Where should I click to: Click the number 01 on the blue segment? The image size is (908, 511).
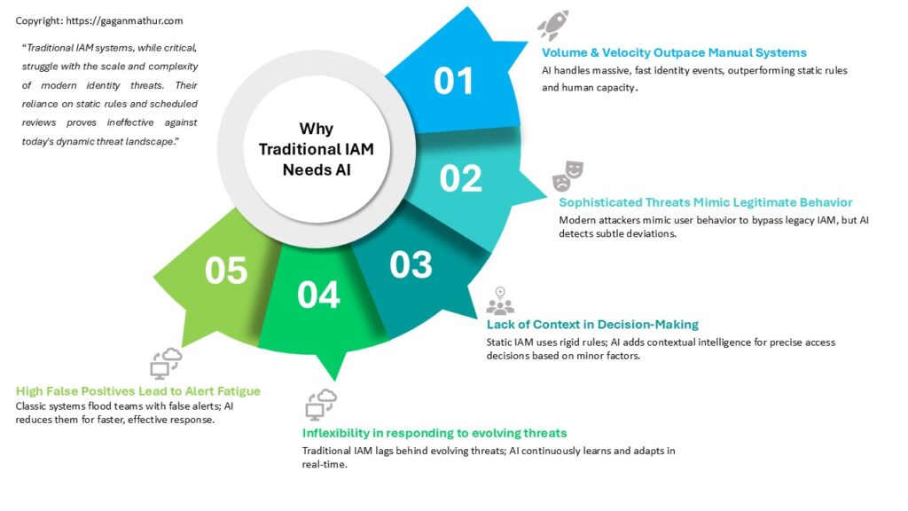[x=453, y=81]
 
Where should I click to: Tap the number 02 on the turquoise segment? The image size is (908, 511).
[x=460, y=178]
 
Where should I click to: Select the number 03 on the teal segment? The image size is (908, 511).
[x=411, y=264]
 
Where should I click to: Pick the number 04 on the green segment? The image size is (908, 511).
[x=318, y=295]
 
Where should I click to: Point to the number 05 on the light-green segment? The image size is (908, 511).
[x=226, y=271]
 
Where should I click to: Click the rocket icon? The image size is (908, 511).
[x=553, y=25]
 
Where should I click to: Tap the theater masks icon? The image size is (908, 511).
[x=567, y=177]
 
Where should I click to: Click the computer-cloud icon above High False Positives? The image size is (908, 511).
[x=166, y=364]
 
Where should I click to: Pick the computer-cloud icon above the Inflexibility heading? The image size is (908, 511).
[x=321, y=405]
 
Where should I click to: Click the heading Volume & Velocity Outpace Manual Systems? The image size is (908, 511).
[x=674, y=52]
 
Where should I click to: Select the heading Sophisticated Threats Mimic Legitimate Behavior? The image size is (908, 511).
[x=705, y=202]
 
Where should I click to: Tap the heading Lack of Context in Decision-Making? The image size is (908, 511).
[x=592, y=325]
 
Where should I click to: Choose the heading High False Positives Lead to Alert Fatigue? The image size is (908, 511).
[x=137, y=391]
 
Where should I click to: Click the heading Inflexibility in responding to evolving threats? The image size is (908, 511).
[x=434, y=433]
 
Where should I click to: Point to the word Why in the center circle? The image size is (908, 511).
[x=317, y=129]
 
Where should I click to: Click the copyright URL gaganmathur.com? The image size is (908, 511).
[x=124, y=21]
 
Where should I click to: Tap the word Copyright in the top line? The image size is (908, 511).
[x=39, y=21]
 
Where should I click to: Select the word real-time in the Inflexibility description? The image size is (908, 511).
[x=325, y=465]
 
